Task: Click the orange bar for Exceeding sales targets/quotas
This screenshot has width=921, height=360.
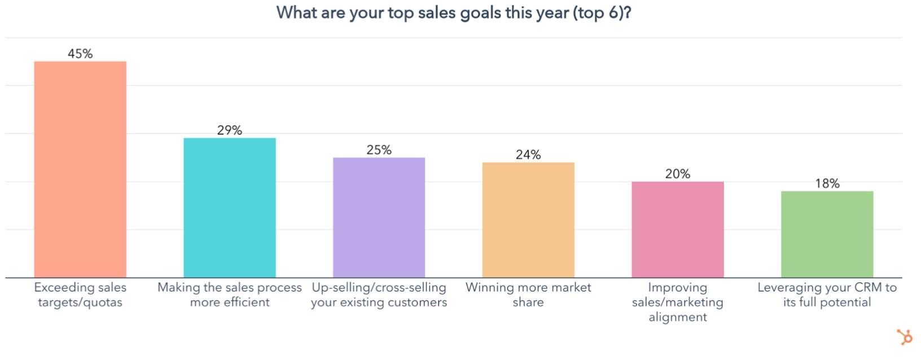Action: pyautogui.click(x=80, y=169)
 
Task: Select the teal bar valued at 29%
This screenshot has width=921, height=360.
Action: pyautogui.click(x=230, y=208)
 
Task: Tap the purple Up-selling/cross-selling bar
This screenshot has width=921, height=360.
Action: pyautogui.click(x=379, y=217)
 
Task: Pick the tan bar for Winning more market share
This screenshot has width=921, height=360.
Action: pyautogui.click(x=528, y=220)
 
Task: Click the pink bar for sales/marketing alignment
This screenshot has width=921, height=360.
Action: pyautogui.click(x=677, y=229)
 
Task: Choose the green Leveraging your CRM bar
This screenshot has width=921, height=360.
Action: pyautogui.click(x=827, y=234)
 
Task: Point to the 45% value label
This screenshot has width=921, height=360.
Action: pyautogui.click(x=80, y=54)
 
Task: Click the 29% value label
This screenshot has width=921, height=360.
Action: pyautogui.click(x=230, y=130)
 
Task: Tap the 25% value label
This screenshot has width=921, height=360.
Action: pyautogui.click(x=379, y=150)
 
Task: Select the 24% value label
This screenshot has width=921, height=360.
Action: pyautogui.click(x=528, y=155)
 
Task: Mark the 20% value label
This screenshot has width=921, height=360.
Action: pyautogui.click(x=677, y=174)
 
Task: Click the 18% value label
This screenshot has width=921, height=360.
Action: pyautogui.click(x=827, y=183)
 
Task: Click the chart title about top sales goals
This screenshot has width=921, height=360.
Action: pyautogui.click(x=454, y=12)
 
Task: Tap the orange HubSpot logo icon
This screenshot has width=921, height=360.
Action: pyautogui.click(x=905, y=337)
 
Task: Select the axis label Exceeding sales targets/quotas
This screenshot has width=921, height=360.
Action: pyautogui.click(x=80, y=295)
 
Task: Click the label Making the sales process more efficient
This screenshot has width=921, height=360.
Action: pyautogui.click(x=230, y=295)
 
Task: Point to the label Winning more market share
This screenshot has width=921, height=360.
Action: pyautogui.click(x=528, y=295)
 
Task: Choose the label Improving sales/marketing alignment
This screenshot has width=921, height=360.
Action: pyautogui.click(x=677, y=302)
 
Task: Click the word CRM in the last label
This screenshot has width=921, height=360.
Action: pyautogui.click(x=868, y=288)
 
